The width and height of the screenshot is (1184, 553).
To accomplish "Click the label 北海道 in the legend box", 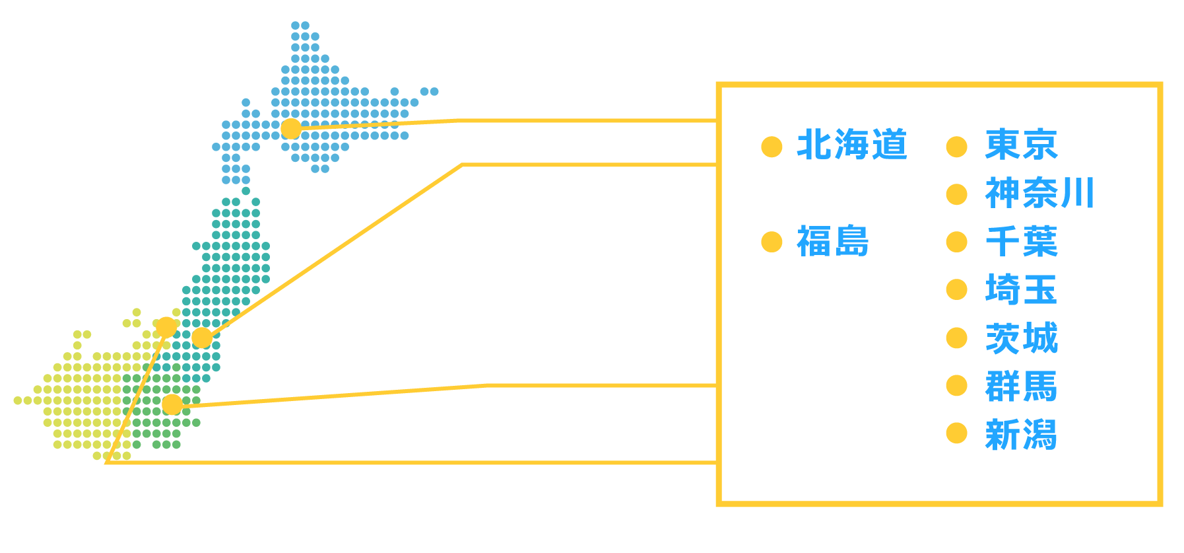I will click(851, 145).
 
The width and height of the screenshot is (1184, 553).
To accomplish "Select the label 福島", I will click(833, 241).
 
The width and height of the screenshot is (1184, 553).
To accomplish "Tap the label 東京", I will click(1021, 145).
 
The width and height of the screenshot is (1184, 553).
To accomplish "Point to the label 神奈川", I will click(1039, 194).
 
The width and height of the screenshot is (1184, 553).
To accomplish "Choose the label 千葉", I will click(1021, 242).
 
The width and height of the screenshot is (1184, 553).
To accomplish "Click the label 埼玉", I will click(1021, 290).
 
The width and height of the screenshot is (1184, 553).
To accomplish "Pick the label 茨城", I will click(1021, 338).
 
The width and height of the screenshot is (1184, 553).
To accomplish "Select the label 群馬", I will click(1021, 387).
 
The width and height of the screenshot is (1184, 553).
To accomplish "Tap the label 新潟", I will click(1021, 435).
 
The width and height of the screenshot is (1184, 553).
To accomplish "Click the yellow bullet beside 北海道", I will click(772, 147).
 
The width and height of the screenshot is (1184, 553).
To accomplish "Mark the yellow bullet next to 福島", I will click(772, 242).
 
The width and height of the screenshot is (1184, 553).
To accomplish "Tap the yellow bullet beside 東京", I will click(956, 147).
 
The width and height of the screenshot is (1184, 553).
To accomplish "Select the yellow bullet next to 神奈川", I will click(956, 194).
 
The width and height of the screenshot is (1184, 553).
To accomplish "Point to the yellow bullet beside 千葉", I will click(956, 242).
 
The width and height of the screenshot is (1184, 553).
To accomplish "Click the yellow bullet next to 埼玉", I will click(956, 289).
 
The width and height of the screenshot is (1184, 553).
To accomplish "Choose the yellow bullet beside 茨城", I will click(956, 338).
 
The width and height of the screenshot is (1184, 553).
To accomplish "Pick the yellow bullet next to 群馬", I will click(956, 385).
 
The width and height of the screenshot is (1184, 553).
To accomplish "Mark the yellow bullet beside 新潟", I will click(956, 433).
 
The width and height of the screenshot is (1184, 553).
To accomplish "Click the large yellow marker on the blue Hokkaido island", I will click(290, 128).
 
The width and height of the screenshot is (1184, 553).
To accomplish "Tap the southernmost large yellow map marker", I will click(172, 404).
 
